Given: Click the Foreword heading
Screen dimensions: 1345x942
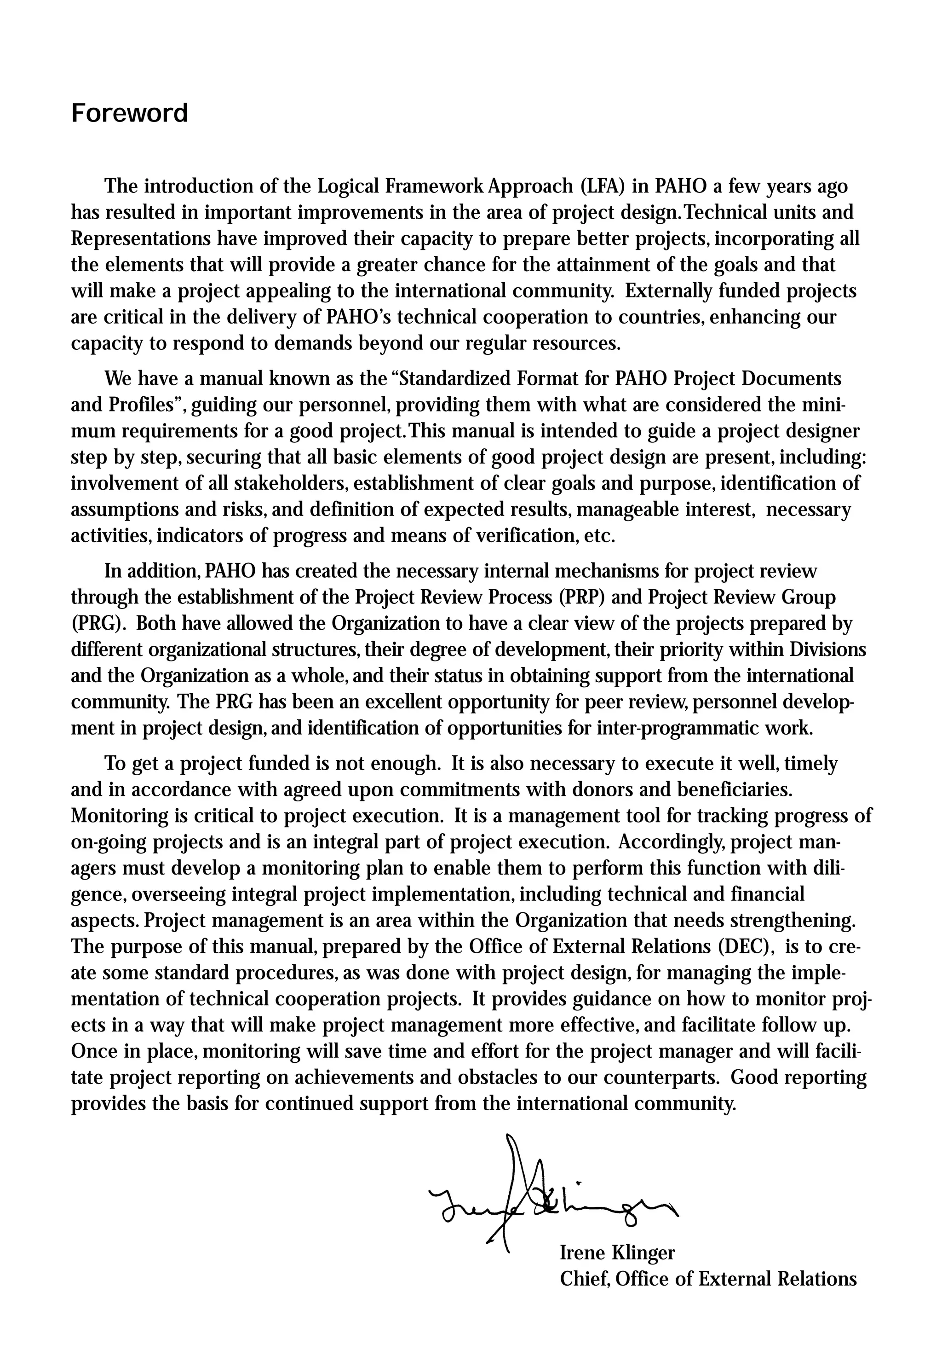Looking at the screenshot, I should pyautogui.click(x=129, y=113).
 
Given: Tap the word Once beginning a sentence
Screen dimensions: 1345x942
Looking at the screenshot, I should pyautogui.click(x=94, y=1051).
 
